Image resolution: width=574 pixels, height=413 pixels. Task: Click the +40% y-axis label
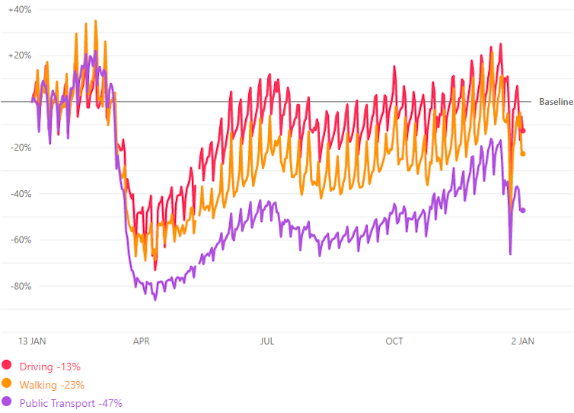(x=20, y=9)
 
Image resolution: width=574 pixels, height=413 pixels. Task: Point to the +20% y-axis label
(x=20, y=56)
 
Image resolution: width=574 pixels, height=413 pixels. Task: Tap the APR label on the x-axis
(x=142, y=342)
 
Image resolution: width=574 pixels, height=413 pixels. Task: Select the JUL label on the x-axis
(x=267, y=342)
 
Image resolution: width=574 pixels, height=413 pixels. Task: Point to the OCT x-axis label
(x=394, y=342)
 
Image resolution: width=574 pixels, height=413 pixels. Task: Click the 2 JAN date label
(x=521, y=342)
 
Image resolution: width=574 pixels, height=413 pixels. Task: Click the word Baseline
(x=556, y=102)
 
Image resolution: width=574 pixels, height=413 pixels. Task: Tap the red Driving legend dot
(x=7, y=366)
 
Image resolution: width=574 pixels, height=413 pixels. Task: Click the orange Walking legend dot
(x=7, y=384)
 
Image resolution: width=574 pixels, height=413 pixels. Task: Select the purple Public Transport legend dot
(x=7, y=402)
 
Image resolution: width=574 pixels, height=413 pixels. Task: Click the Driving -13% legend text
(x=50, y=367)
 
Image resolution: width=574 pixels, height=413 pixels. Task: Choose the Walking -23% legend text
(x=52, y=385)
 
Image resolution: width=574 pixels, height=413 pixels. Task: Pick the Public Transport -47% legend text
(x=71, y=403)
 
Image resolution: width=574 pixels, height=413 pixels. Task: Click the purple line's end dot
(x=523, y=210)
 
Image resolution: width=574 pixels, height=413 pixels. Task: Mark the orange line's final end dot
(x=523, y=154)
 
